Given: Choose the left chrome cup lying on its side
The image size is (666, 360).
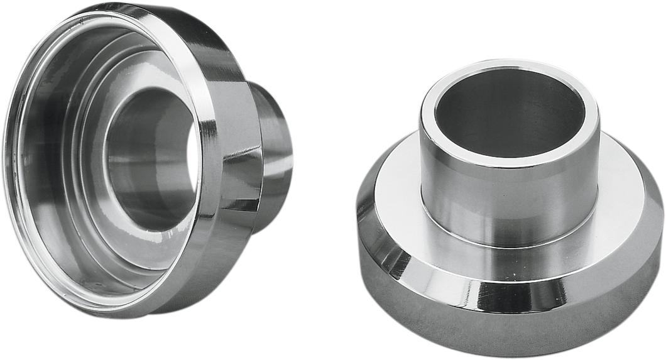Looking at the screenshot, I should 145,157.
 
